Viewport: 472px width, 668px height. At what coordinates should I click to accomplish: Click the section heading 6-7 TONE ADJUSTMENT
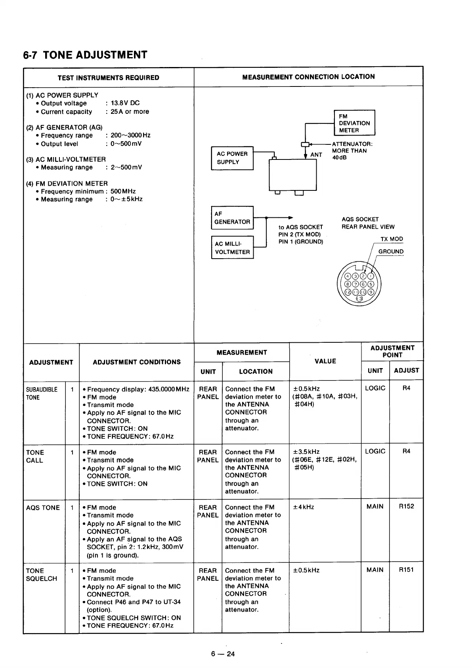(x=85, y=55)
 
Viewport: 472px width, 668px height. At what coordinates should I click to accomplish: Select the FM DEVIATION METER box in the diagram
(x=354, y=123)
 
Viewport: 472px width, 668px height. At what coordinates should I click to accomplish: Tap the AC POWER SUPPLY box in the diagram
(x=232, y=158)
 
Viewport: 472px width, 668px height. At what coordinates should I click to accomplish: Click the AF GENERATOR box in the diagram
(x=232, y=218)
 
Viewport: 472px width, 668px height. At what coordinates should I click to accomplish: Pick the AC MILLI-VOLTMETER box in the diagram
(x=232, y=248)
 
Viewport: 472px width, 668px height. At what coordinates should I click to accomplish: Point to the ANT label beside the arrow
(x=316, y=155)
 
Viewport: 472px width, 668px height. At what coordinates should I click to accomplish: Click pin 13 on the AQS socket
(x=359, y=299)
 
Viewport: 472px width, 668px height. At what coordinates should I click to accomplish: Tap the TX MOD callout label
(x=392, y=239)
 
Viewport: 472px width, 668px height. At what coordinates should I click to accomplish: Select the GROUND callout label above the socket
(x=391, y=251)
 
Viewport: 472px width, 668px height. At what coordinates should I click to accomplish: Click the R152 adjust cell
(x=406, y=506)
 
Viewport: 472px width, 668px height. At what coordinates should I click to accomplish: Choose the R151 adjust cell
(x=406, y=570)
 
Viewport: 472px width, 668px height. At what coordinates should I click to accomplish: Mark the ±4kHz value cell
(x=304, y=507)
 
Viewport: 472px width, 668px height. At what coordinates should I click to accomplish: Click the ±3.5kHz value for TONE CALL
(x=306, y=452)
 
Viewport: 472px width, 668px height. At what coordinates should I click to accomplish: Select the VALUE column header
(x=325, y=361)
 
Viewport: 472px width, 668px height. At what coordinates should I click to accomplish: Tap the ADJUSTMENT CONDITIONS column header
(x=137, y=362)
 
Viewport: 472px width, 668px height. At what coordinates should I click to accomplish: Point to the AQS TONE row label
(x=43, y=508)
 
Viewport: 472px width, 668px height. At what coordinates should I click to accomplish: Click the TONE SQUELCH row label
(x=41, y=574)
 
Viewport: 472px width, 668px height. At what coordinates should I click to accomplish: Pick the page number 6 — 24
(x=223, y=654)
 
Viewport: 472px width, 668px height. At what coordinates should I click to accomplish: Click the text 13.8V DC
(x=125, y=103)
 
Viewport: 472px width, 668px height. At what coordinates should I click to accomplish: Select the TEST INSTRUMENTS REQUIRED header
(x=108, y=78)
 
